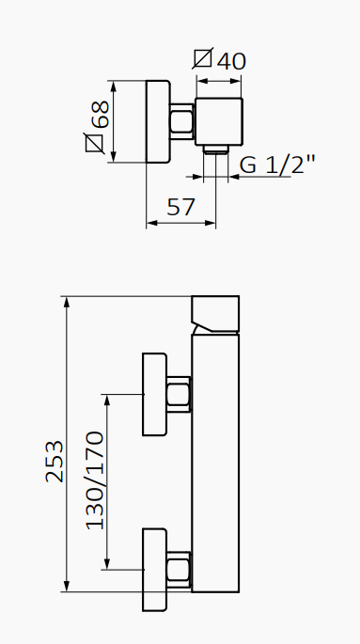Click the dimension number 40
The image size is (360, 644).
click(x=231, y=61)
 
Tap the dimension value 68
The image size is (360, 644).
click(x=98, y=115)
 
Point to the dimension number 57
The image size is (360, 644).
click(x=180, y=207)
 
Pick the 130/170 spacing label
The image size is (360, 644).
click(x=95, y=479)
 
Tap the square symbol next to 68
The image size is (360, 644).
click(x=94, y=144)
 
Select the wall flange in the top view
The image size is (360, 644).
click(x=157, y=122)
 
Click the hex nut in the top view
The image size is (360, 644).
click(x=181, y=122)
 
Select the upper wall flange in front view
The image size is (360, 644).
click(x=153, y=395)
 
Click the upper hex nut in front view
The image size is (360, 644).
click(x=179, y=395)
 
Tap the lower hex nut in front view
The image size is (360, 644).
click(x=179, y=567)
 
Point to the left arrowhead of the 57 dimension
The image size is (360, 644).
click(x=151, y=224)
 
